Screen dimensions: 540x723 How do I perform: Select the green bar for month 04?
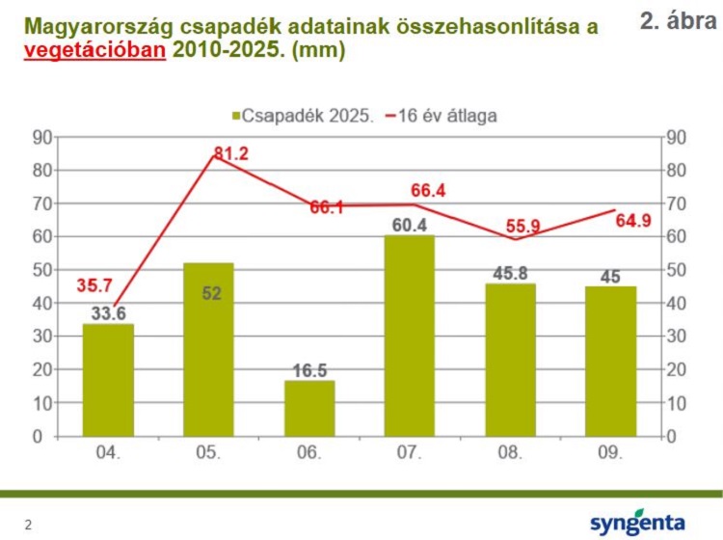pos(108,380)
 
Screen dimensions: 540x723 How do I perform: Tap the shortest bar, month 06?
pos(309,409)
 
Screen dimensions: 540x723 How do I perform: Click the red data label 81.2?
pos(231,153)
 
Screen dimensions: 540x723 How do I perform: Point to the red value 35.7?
pos(94,285)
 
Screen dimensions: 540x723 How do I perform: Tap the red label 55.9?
pos(522,228)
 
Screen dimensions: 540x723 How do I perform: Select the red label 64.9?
pos(633,221)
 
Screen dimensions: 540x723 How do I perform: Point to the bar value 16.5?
pos(309,369)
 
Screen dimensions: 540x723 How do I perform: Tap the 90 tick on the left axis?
pos(42,137)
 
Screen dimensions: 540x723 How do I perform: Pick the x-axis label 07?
pos(410,451)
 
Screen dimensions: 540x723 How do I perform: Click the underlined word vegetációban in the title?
pos(94,51)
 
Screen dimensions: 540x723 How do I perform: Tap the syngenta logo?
pos(638,523)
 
